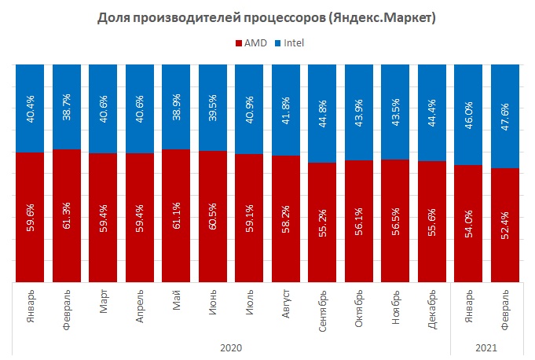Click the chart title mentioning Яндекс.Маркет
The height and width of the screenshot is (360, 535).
[267, 17]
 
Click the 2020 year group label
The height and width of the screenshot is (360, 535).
[230, 347]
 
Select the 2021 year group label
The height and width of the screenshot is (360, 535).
[487, 347]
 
